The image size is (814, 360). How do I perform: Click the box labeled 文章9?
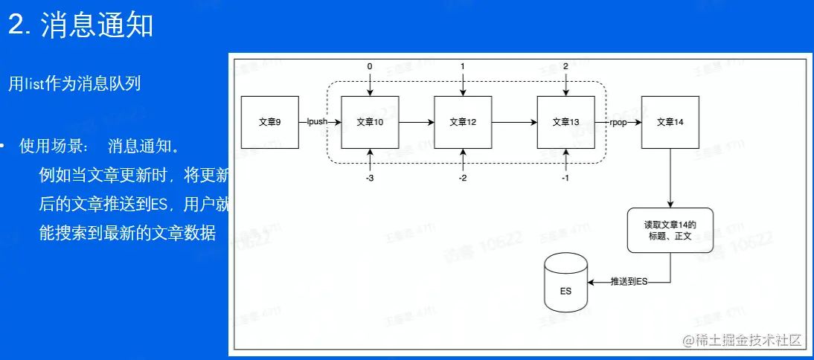coord(270,121)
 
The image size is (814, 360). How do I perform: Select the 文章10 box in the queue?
coord(370,121)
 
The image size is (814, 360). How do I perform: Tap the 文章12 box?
coord(463,121)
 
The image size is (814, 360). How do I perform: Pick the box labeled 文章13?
coord(565,121)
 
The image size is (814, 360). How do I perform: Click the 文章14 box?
coord(670,121)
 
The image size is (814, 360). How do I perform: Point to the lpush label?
coord(318,121)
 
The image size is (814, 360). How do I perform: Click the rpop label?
coord(619,121)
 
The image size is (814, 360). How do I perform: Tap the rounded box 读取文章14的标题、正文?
coord(670,230)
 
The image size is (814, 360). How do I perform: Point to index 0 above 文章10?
coord(370,67)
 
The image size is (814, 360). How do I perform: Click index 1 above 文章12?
coord(463,67)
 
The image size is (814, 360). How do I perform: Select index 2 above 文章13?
coord(565,67)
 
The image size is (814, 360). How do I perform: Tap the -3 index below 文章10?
coord(370,179)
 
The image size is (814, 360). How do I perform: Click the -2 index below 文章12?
coord(463,179)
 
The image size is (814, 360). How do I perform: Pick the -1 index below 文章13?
coord(565,179)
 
